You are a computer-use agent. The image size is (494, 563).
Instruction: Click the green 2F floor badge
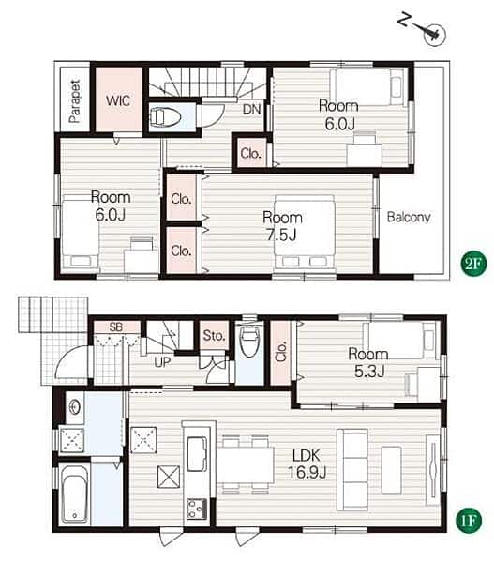coord(472,264)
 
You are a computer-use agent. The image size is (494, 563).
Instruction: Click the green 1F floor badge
coord(468,520)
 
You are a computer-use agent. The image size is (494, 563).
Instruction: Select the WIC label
coord(118,100)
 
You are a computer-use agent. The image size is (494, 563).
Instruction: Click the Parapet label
coord(75,101)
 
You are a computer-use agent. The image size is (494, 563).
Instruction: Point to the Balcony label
coord(409,217)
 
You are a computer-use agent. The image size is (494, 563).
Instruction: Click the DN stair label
coord(252,109)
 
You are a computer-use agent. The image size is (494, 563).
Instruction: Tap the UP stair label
coord(162,362)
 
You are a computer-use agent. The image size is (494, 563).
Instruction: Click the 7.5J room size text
coord(281,236)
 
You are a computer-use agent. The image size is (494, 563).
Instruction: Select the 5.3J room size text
coord(369,371)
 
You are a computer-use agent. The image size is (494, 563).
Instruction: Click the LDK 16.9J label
coord(307,464)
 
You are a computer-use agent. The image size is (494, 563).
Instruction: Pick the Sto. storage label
coord(214,335)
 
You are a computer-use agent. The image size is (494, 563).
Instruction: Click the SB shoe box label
coord(116,327)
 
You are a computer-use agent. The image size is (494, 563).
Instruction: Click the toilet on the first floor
coord(249,342)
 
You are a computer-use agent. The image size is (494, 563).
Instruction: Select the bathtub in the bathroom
coord(75,493)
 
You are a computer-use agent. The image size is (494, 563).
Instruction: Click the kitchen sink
coord(197,453)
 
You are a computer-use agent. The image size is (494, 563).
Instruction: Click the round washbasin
coord(75,407)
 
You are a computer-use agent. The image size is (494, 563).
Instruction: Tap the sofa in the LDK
coord(352,470)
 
